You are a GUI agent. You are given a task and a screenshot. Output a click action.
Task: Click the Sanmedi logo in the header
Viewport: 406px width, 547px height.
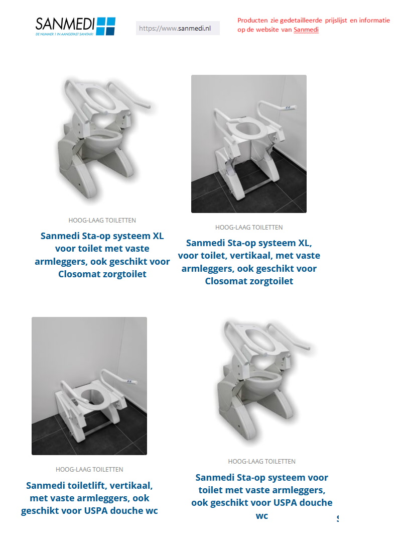click(x=75, y=26)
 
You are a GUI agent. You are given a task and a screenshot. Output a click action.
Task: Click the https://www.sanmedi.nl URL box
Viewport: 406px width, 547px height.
click(x=178, y=29)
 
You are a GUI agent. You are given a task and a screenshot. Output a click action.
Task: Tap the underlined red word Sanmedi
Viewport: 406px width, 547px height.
click(x=306, y=30)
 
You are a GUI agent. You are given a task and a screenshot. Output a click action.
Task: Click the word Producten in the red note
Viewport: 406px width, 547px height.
click(x=252, y=21)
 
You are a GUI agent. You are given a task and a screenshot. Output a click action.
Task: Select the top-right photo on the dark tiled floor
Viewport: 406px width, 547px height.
click(x=248, y=144)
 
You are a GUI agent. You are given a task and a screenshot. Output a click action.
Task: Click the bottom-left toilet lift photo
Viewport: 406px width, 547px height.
click(x=89, y=386)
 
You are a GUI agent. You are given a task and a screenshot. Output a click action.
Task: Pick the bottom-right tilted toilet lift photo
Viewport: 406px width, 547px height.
click(x=261, y=380)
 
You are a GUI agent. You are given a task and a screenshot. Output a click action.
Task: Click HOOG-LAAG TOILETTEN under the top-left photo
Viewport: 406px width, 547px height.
click(x=102, y=221)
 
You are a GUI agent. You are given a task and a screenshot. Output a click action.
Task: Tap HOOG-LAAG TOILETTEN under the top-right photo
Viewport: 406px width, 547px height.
click(x=248, y=228)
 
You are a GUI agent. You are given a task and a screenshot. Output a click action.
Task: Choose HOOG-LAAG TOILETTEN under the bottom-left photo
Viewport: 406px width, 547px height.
click(x=89, y=470)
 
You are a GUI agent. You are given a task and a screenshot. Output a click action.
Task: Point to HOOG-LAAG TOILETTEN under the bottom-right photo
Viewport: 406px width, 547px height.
click(x=261, y=462)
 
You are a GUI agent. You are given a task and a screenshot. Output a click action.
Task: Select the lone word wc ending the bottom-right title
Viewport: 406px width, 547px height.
click(x=261, y=516)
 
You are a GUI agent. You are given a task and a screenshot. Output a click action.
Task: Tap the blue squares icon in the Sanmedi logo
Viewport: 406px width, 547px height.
click(x=105, y=26)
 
